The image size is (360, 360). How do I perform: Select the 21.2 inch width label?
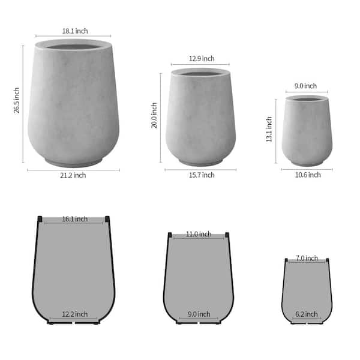tap(73, 175)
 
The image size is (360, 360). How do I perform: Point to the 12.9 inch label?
tap(201, 59)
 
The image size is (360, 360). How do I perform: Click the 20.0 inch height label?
tap(154, 115)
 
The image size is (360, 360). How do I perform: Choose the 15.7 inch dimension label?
tap(201, 175)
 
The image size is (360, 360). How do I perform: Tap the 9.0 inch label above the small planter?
tap(306, 86)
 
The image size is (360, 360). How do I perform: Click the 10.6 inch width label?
tap(308, 175)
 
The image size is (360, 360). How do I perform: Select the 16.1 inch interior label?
tap(74, 220)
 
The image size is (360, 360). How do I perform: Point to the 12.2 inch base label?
tap(74, 314)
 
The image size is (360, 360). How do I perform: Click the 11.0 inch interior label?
tap(199, 234)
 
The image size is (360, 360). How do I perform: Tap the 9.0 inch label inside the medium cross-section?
tap(199, 314)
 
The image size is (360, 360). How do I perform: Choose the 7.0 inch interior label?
tap(307, 259)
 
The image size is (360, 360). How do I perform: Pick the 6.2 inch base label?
tap(307, 314)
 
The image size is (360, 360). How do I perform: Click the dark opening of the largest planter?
tap(73, 46)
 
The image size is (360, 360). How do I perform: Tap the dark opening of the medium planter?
tap(200, 73)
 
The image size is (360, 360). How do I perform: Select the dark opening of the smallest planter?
tap(307, 98)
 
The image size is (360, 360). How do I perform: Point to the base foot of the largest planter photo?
tap(73, 163)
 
